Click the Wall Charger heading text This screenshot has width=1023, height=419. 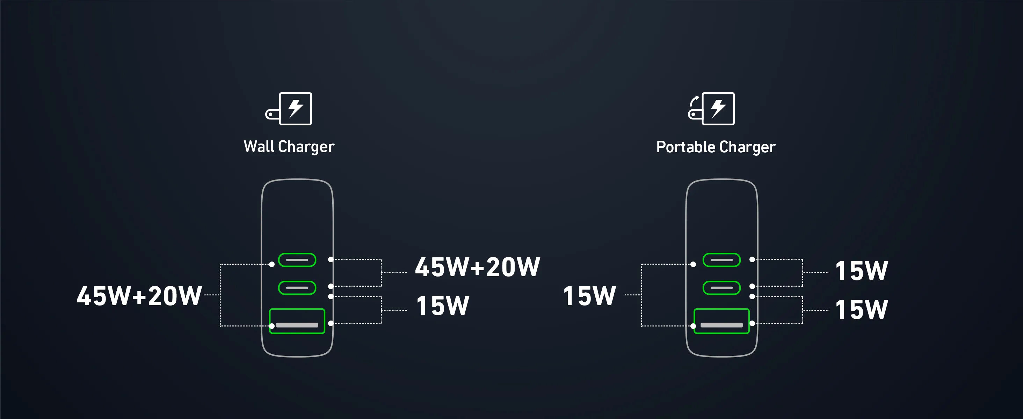(x=289, y=147)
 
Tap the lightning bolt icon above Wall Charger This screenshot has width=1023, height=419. (x=296, y=109)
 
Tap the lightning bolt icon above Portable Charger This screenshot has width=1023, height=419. (x=718, y=109)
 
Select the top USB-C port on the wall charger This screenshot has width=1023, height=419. (x=297, y=260)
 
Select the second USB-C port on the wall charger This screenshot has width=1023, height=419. (x=297, y=288)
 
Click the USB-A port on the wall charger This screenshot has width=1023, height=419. (x=297, y=321)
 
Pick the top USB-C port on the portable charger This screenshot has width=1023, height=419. (x=721, y=260)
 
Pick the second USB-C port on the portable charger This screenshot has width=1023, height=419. (x=721, y=288)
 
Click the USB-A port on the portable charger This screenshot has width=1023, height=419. (x=721, y=321)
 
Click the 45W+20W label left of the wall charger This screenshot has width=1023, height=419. (x=139, y=296)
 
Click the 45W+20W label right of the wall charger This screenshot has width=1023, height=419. (x=477, y=267)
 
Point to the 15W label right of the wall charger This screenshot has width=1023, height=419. (x=443, y=306)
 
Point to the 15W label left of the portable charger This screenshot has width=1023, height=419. (x=590, y=296)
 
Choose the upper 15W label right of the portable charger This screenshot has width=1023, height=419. (x=861, y=271)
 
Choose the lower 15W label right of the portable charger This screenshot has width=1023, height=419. (x=861, y=309)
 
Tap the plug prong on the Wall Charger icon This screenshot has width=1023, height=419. (x=271, y=115)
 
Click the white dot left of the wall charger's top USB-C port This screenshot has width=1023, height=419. (x=271, y=264)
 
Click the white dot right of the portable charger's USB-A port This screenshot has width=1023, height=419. (x=752, y=323)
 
